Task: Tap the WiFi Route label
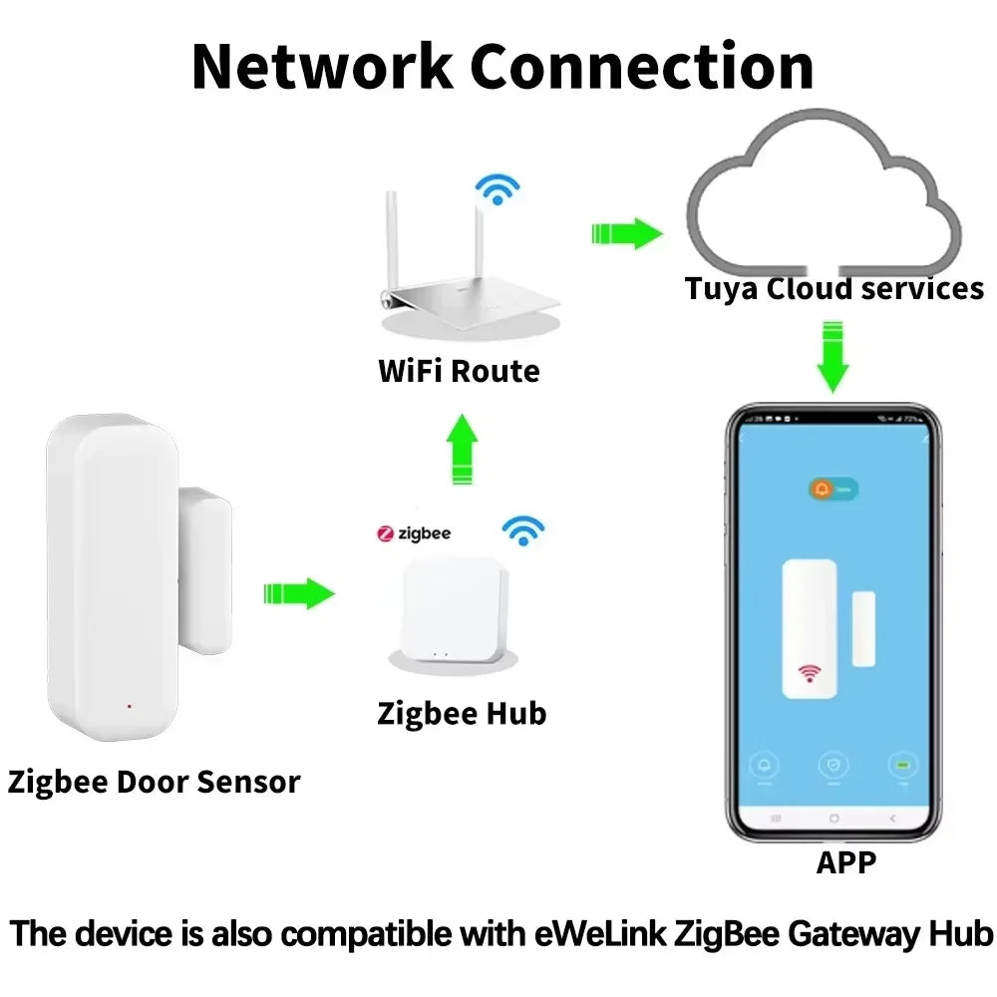tap(459, 372)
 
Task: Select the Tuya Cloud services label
tap(833, 289)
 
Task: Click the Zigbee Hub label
tap(462, 714)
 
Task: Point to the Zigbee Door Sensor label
tap(154, 782)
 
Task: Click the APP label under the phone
tap(846, 862)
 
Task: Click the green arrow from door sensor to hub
tap(298, 593)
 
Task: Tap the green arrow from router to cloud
tap(626, 234)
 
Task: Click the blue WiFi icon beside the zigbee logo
tap(522, 530)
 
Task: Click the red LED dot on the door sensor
tap(130, 707)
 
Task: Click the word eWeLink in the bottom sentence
tap(603, 934)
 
